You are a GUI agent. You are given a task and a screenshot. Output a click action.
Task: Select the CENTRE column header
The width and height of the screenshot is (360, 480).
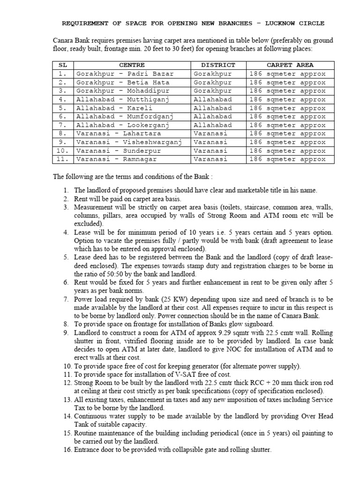pyautogui.click(x=132, y=65)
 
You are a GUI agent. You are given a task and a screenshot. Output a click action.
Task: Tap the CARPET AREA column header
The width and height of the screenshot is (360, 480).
pyautogui.click(x=290, y=65)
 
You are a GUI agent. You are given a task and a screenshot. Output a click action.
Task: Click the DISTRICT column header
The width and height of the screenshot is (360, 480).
pyautogui.click(x=218, y=65)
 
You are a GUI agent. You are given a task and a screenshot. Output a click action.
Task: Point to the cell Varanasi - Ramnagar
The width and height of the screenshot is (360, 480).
pyautogui.click(x=123, y=159)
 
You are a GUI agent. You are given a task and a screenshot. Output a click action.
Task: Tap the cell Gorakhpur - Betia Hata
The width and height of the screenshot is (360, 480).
pyautogui.click(x=123, y=82)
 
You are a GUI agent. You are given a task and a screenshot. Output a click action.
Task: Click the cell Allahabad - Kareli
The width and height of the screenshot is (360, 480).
pyautogui.click(x=117, y=108)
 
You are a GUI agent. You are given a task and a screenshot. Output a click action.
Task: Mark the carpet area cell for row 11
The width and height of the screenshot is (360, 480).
pyautogui.click(x=287, y=159)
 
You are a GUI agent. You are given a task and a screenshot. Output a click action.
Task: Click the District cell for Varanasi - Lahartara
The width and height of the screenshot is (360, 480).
pyautogui.click(x=210, y=134)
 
